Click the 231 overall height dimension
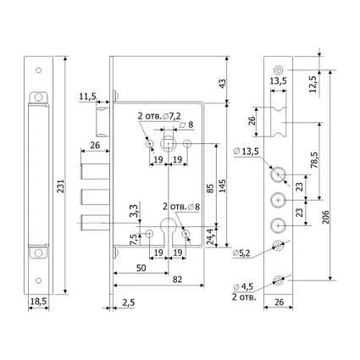coord(61,186)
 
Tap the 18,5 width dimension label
coord(38,302)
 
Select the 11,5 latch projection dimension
coord(87,97)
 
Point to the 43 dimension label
coord(223,84)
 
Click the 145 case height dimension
coord(223,186)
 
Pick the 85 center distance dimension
coord(210,189)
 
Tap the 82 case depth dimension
coord(177,280)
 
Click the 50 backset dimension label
coord(141,268)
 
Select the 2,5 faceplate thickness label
coord(129,302)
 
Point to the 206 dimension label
coord(325,217)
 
